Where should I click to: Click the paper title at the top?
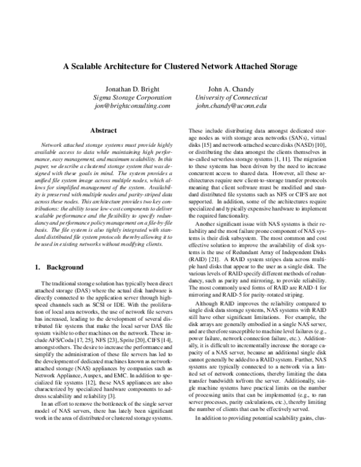pos(180,67)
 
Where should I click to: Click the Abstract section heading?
pos(103,129)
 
